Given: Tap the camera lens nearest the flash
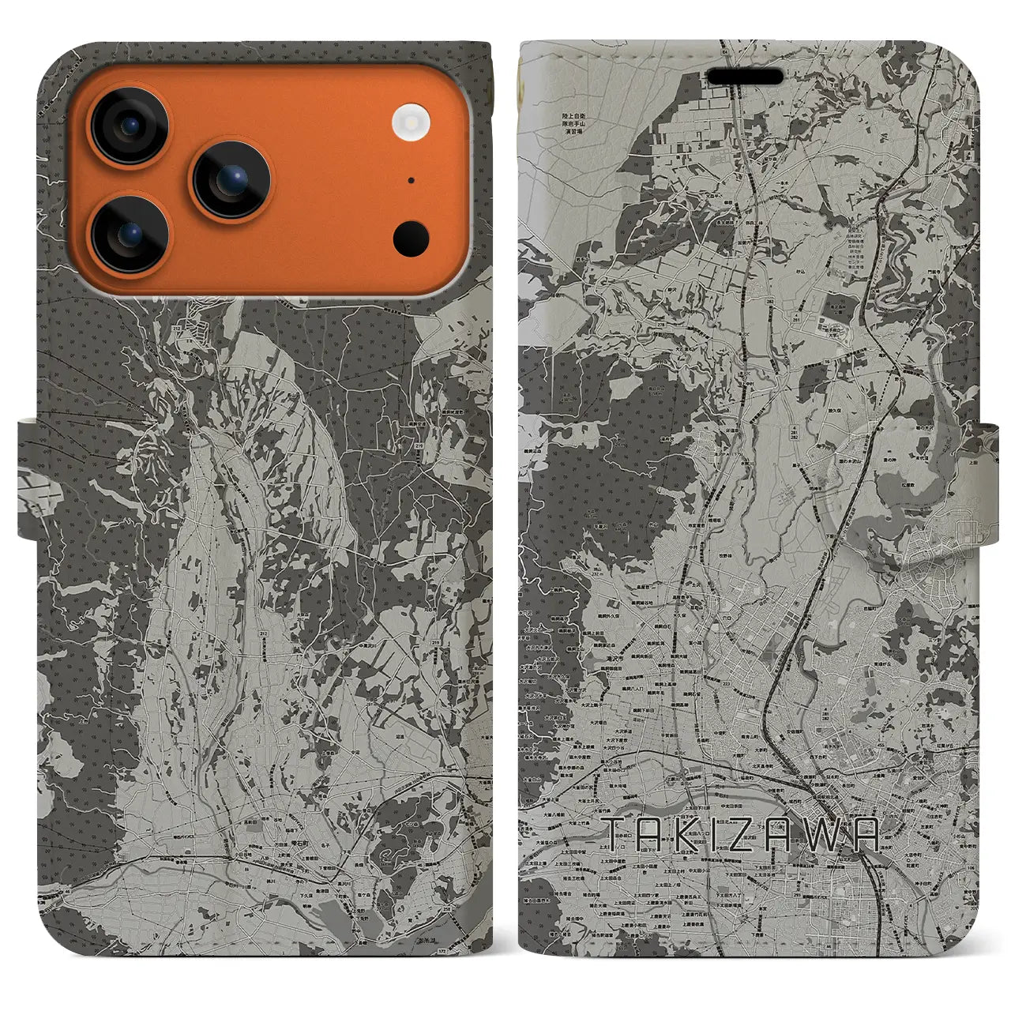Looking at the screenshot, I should [231, 180].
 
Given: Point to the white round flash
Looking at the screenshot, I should [410, 122].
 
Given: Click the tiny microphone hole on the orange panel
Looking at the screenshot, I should [411, 180].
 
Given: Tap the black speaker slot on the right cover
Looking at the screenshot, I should [745, 77].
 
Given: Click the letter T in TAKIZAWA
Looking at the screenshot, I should [616, 834].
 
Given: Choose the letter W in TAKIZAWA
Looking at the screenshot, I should [829, 834].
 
